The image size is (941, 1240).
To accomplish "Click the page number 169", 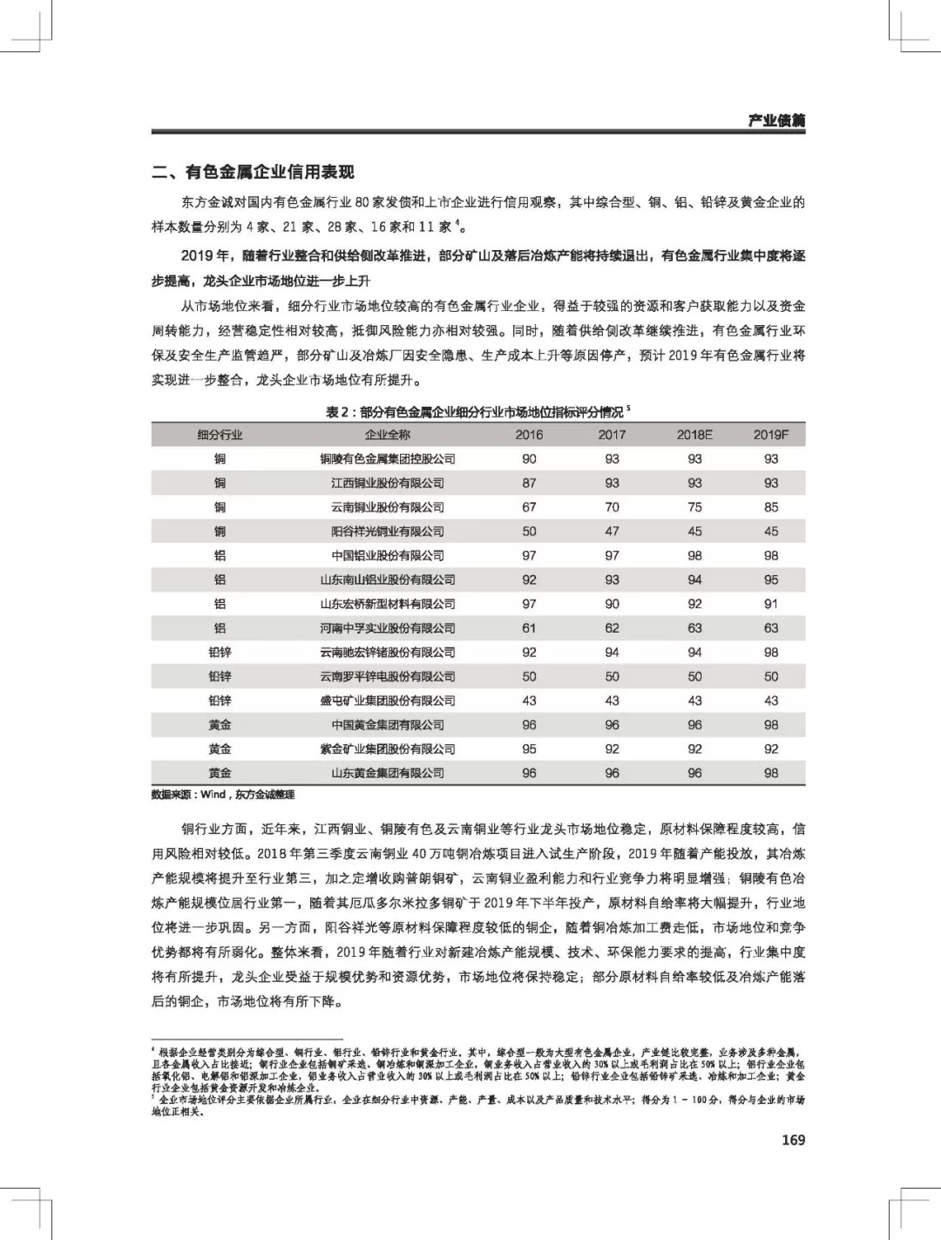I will point(793,1140).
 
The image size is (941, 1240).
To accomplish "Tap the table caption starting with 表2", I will point(477,411).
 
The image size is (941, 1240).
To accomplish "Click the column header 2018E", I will point(694,434).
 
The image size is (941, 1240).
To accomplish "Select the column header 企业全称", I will point(387,434).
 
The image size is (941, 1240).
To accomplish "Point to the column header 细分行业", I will point(220,434).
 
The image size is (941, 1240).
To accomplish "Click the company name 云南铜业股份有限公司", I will point(387,507).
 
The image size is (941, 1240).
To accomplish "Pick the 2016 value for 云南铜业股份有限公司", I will point(529,507).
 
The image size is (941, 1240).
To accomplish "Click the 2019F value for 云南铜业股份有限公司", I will point(771,507).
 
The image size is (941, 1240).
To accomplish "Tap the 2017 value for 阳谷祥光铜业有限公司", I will point(612,531).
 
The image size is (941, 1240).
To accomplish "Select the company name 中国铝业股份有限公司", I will point(387,555).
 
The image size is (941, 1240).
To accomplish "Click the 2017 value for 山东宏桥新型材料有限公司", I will point(612,603).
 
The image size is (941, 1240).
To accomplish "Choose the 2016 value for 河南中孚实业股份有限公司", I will point(529,627).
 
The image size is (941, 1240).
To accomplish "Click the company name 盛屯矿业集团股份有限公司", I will point(387,700).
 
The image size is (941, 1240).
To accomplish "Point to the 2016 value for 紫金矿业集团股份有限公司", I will point(529,749).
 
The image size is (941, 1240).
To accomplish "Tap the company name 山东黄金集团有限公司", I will point(387,773).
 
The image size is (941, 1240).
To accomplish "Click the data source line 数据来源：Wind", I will point(223,794).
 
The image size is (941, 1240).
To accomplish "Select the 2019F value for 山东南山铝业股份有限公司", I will point(771,579).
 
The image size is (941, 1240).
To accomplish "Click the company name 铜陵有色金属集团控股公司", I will point(387,458).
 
